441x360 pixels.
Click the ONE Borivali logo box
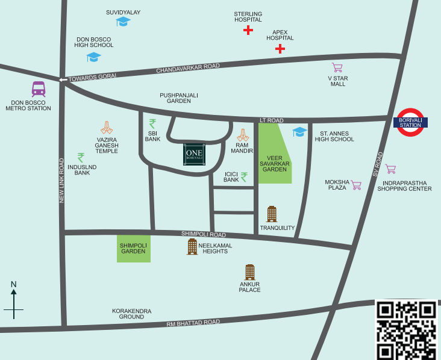tap(194, 154)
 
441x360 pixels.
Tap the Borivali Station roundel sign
tap(411, 122)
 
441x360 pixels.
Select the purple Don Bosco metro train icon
tap(39, 89)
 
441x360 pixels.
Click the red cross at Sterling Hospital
tap(248, 29)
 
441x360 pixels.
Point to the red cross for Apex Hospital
tap(280, 48)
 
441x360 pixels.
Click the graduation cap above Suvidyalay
tap(124, 21)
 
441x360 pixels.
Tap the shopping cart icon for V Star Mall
tap(337, 67)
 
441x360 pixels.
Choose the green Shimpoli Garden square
tap(133, 248)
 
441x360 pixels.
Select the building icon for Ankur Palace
tap(249, 272)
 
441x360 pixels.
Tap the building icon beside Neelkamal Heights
tap(192, 246)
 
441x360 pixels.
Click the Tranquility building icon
tap(272, 214)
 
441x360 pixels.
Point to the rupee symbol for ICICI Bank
tap(244, 177)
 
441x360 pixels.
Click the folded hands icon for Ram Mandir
tap(243, 135)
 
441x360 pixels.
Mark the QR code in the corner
tap(406, 329)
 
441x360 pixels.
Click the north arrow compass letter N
tap(13, 284)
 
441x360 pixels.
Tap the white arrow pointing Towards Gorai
tap(63, 79)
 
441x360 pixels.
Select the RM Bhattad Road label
tap(193, 323)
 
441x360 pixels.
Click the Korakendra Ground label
tap(131, 314)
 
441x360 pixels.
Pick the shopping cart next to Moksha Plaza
tap(356, 185)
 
